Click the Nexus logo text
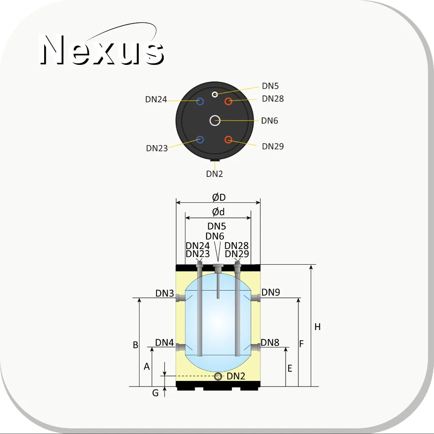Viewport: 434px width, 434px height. pyautogui.click(x=102, y=50)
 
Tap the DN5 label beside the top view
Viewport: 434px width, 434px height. pyautogui.click(x=270, y=86)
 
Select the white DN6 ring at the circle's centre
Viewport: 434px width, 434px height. pyautogui.click(x=215, y=120)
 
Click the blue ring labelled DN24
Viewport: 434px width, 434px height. pyautogui.click(x=200, y=101)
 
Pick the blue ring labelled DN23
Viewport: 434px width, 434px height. pyautogui.click(x=200, y=140)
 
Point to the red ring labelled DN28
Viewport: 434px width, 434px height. pyautogui.click(x=228, y=101)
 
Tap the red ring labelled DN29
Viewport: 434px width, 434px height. pyautogui.click(x=228, y=140)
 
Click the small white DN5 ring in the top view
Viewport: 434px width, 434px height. pyautogui.click(x=215, y=94)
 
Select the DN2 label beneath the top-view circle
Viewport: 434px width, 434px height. pyautogui.click(x=215, y=174)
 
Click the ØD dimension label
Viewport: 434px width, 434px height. pyautogui.click(x=219, y=197)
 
